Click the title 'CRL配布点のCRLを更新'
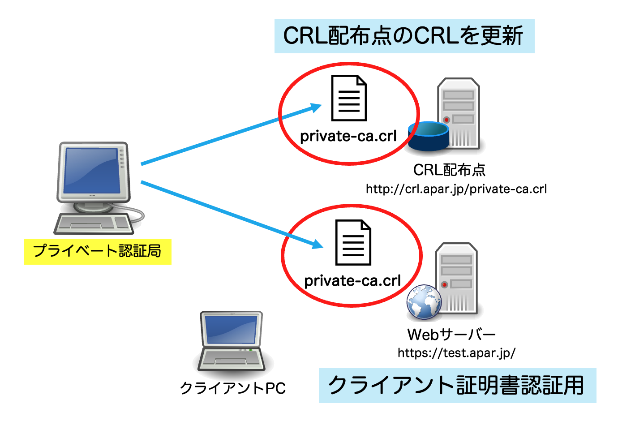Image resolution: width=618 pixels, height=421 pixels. tap(403, 36)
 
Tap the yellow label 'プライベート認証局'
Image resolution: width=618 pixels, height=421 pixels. tap(98, 251)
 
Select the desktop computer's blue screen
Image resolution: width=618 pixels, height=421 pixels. tap(92, 170)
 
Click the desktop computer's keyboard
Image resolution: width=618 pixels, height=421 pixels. tap(94, 223)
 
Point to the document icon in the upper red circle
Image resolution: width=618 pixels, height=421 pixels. tap(349, 98)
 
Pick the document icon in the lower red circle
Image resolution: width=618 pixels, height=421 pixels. tap(353, 242)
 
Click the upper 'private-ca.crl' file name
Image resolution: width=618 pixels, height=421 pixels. tap(348, 136)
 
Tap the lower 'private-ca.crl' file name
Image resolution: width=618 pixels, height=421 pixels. tap(352, 281)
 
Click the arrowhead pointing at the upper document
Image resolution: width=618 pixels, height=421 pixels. tap(316, 107)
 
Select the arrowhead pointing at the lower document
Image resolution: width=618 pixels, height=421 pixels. tap(317, 244)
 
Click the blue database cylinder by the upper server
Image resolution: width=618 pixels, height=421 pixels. tap(428, 136)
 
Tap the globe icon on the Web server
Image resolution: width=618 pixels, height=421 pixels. tap(424, 302)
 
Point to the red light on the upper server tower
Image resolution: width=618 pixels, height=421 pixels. tap(446, 120)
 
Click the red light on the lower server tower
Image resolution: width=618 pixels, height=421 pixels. tap(444, 284)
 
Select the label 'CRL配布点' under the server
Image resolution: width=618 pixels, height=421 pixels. tap(449, 170)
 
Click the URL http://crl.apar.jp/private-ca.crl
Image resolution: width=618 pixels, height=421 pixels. tap(456, 189)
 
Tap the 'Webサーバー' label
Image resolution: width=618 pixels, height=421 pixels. tap(451, 335)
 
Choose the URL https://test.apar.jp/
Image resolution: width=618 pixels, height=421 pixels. tap(456, 353)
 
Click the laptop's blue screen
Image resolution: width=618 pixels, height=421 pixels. tap(231, 330)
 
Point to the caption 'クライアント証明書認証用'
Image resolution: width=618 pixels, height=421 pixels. tap(456, 386)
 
